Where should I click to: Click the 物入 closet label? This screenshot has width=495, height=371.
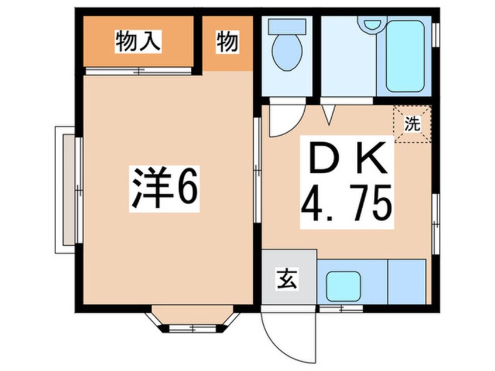(x=138, y=42)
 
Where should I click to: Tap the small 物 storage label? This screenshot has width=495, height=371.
(x=227, y=42)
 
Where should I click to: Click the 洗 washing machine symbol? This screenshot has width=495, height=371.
(x=413, y=124)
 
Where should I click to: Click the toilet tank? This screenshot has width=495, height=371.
(x=287, y=26)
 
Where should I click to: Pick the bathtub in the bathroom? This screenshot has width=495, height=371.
(x=405, y=56)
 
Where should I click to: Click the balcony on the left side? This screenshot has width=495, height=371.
(x=66, y=190)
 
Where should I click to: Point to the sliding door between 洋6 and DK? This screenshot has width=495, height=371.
(x=257, y=170)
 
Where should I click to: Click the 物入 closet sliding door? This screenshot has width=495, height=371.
(x=138, y=71)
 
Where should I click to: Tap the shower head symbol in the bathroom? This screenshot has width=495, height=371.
(x=370, y=25)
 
